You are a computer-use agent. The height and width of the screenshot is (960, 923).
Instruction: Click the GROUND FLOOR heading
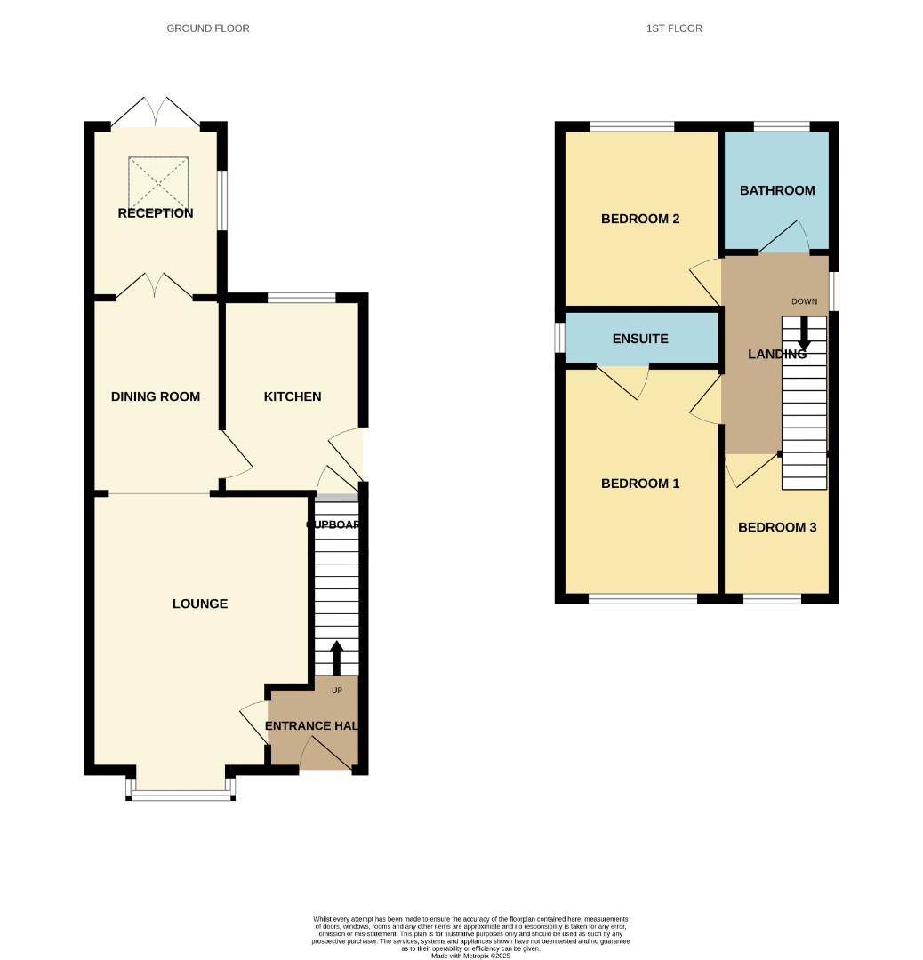click(208, 28)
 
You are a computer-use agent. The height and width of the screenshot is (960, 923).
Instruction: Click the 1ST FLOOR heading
click(674, 28)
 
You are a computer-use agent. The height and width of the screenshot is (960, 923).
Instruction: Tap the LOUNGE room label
click(200, 604)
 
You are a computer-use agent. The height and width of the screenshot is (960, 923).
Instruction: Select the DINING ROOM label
click(156, 396)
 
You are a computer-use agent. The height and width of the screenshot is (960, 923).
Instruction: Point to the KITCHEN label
click(293, 396)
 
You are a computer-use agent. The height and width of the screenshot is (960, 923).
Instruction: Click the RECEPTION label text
click(156, 213)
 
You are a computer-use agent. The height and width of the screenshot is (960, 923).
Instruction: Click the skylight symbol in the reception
click(159, 181)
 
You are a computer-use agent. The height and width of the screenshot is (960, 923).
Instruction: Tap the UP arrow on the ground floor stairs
click(336, 658)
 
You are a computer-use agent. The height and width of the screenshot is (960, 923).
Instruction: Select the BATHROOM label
click(777, 190)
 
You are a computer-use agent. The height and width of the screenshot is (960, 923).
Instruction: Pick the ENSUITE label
click(640, 339)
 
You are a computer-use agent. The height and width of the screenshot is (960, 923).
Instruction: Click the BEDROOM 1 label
click(640, 484)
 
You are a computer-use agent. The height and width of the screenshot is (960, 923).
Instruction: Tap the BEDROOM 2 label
click(640, 219)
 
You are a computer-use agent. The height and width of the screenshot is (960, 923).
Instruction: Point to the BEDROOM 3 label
click(777, 527)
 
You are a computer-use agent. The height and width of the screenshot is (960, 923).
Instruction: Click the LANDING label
click(776, 354)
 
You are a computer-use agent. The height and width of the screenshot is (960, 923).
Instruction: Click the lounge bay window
click(181, 794)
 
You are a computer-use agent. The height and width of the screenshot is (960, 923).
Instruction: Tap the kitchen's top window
click(301, 298)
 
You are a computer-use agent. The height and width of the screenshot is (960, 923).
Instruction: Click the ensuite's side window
click(560, 338)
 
